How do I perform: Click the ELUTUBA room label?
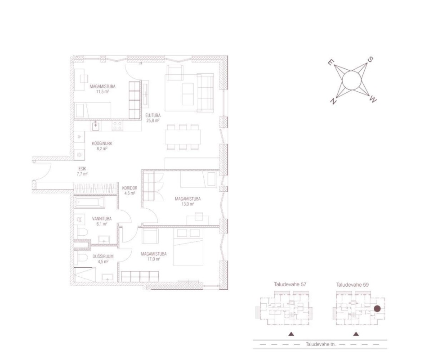pyautogui.click(x=153, y=115)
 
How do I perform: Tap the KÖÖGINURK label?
pyautogui.click(x=102, y=144)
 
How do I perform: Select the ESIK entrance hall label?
pyautogui.click(x=82, y=169)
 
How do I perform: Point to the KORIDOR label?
pyautogui.click(x=130, y=188)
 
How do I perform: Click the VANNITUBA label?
pyautogui.click(x=102, y=219)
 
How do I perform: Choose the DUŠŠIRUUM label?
pyautogui.click(x=103, y=256)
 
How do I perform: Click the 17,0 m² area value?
pyautogui.click(x=154, y=259)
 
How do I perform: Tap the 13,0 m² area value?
pyautogui.click(x=188, y=204)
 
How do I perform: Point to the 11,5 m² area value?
pyautogui.click(x=103, y=91)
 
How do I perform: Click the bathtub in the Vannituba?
pyautogui.click(x=89, y=202)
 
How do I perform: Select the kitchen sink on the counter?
pyautogui.click(x=95, y=126)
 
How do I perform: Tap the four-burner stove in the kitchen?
pyautogui.click(x=117, y=126)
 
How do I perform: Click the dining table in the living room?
pyautogui.click(x=183, y=137)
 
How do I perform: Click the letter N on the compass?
pyautogui.click(x=333, y=101)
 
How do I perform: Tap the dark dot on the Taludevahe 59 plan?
pyautogui.click(x=377, y=309)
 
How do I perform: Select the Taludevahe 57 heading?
pyautogui.click(x=290, y=284)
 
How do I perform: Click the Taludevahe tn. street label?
pyautogui.click(x=320, y=344)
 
